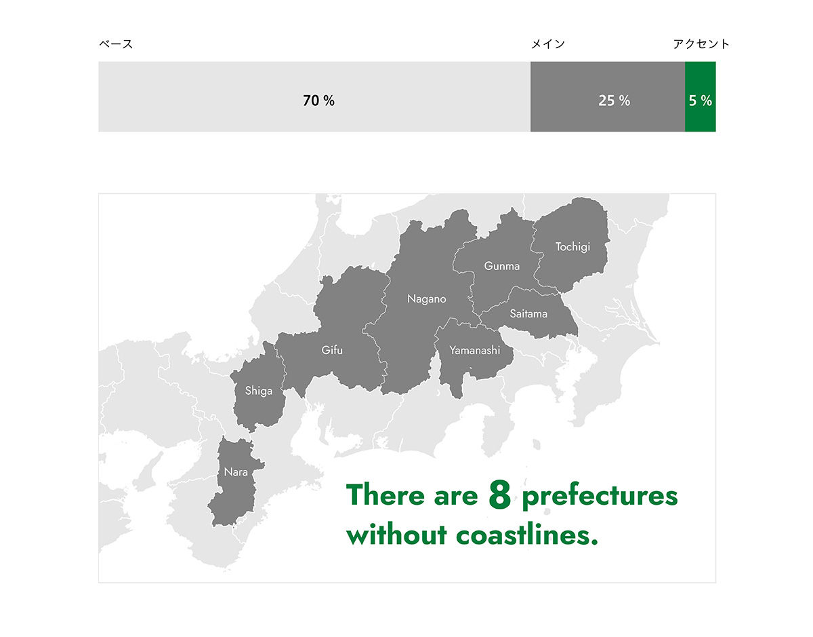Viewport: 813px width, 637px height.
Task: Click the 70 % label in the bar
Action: (x=318, y=100)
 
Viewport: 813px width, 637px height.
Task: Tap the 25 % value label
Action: (x=614, y=100)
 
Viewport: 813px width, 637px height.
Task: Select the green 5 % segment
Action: (x=700, y=96)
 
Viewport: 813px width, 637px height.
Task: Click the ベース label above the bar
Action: (x=116, y=44)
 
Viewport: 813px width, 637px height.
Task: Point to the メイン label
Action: (x=547, y=44)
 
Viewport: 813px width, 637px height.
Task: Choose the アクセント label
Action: (x=701, y=44)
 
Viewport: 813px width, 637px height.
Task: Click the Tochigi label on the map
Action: (x=572, y=247)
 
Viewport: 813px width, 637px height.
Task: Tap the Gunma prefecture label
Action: (x=502, y=266)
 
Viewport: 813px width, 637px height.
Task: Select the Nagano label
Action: (x=427, y=299)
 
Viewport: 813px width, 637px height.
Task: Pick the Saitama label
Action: (x=528, y=314)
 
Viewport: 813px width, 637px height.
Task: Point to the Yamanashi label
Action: (x=474, y=351)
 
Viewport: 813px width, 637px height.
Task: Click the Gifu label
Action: (x=332, y=350)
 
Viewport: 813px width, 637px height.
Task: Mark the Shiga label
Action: (x=259, y=391)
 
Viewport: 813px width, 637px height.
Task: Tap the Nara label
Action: (x=236, y=472)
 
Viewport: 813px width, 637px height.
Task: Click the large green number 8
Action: (x=499, y=495)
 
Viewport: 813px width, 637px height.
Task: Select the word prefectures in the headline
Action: (x=600, y=496)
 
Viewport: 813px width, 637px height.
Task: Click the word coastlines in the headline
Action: (x=527, y=535)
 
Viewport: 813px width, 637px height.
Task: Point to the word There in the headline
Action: (x=385, y=495)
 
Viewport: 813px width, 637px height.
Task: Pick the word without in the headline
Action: (x=396, y=535)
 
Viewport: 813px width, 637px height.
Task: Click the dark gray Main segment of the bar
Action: (x=608, y=96)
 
